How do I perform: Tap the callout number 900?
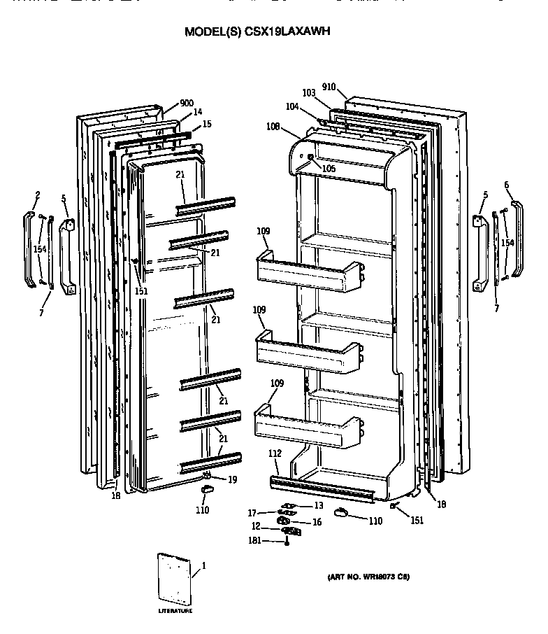pos(186,103)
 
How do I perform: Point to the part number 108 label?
pos(273,127)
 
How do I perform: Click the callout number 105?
pos(329,168)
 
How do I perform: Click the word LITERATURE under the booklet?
pos(175,611)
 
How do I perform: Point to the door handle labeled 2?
pos(29,248)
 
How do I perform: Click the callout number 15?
pos(206,124)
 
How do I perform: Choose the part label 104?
pos(291,107)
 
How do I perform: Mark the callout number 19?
pos(232,479)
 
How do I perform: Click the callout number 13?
pos(318,505)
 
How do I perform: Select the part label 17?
pos(253,513)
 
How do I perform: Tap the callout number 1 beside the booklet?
pos(203,565)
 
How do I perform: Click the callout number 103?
pos(309,93)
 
